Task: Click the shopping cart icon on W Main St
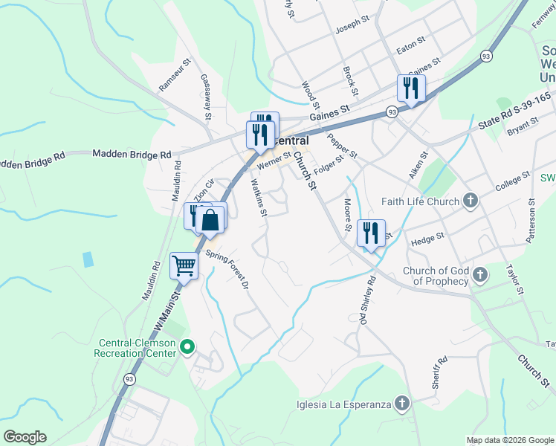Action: coord(184,265)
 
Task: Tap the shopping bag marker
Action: coord(211,221)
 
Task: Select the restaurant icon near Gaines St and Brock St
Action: coord(410,88)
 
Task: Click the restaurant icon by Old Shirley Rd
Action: coord(370,233)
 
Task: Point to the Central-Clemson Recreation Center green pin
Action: coord(187,346)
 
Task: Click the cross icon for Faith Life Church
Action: coord(470,200)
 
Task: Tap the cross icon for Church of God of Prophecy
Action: coord(480,275)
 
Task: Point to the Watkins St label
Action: coord(259,198)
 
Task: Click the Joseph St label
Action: coord(352,25)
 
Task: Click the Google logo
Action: coord(25,437)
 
